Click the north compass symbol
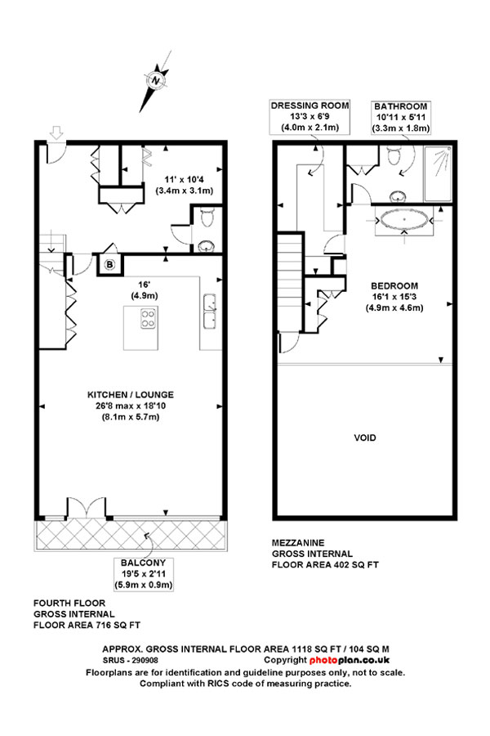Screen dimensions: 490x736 (156, 81)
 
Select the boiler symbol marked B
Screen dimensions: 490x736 (109, 265)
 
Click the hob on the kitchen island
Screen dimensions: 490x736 (149, 318)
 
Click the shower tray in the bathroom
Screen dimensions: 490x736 (438, 174)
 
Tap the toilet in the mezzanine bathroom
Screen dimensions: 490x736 (394, 155)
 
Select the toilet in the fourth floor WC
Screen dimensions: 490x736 (207, 218)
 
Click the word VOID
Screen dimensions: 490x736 (365, 438)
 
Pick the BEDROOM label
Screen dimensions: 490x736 (394, 285)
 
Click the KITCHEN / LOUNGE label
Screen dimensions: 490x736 (131, 395)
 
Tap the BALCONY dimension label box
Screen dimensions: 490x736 (144, 573)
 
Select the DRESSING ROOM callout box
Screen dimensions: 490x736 (310, 116)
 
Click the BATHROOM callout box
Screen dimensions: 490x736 (401, 117)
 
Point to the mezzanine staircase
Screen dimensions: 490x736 (290, 281)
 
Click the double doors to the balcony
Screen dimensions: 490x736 (87, 508)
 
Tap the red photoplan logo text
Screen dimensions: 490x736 (350, 660)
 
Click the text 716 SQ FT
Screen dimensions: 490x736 (118, 625)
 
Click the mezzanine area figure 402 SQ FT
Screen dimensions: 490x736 (356, 564)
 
